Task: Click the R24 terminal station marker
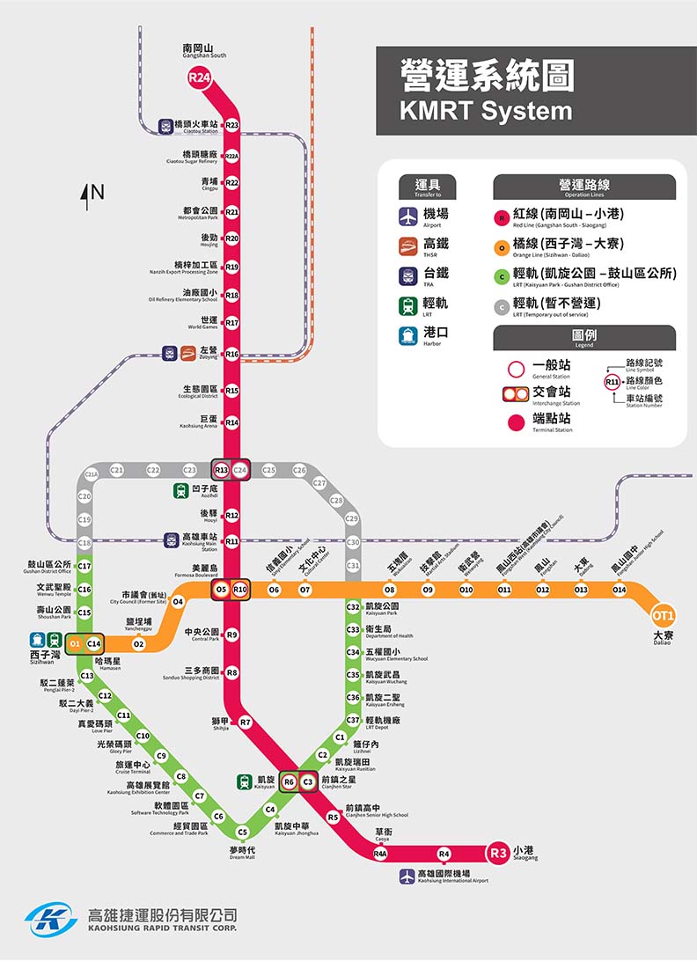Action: [x=200, y=78]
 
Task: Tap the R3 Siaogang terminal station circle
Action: [x=499, y=852]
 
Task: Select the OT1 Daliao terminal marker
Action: [x=663, y=615]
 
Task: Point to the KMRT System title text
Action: [x=486, y=111]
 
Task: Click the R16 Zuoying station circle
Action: [x=231, y=354]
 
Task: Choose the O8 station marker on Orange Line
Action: [x=390, y=590]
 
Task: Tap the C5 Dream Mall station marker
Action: [x=243, y=832]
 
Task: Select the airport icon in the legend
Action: [x=407, y=216]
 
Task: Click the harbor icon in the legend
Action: [x=407, y=335]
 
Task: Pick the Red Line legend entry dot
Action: [x=502, y=217]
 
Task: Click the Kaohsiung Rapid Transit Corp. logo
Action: [x=51, y=920]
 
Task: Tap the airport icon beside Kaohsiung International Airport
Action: [x=407, y=877]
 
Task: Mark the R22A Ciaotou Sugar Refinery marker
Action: [x=231, y=156]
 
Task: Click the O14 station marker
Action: [x=620, y=590]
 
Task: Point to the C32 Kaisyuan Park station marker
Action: [x=353, y=607]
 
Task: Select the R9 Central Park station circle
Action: [x=231, y=635]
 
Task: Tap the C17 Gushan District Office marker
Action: [x=84, y=566]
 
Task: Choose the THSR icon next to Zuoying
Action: [x=188, y=354]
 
